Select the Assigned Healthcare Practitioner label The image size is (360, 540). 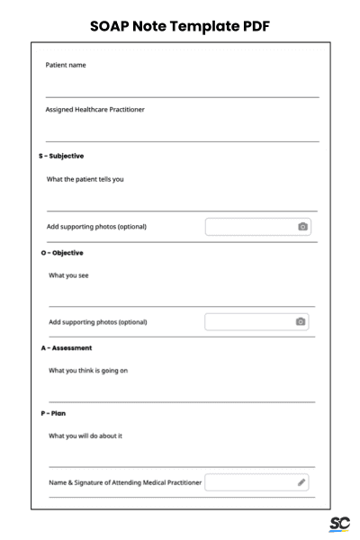(x=94, y=110)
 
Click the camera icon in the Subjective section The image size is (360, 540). (x=303, y=227)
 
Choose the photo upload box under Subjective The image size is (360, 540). (x=258, y=227)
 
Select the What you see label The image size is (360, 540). (x=68, y=274)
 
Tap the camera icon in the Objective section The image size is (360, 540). (x=301, y=321)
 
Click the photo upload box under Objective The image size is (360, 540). (x=256, y=321)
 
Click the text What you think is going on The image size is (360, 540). (x=94, y=370)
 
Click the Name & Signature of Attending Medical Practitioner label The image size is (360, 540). (x=125, y=483)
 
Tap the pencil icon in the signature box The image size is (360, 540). (x=301, y=483)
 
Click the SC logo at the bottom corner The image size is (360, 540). (x=339, y=524)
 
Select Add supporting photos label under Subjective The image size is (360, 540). (x=96, y=227)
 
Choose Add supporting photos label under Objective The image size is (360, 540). (x=97, y=321)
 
